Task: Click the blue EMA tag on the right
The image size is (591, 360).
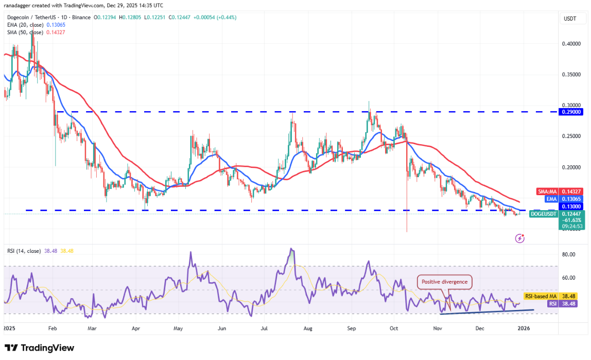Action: tap(546, 198)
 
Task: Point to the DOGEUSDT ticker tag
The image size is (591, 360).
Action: tap(544, 213)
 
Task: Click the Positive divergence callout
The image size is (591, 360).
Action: tap(444, 282)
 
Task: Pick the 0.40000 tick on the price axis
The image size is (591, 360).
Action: tap(571, 44)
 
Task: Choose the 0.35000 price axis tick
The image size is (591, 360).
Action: tap(571, 75)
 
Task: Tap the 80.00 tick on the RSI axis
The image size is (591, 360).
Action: tap(568, 254)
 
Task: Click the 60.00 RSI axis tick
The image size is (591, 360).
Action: tap(568, 278)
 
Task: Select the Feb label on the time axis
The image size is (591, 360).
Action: tap(52, 328)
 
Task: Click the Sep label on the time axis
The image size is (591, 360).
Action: tap(352, 328)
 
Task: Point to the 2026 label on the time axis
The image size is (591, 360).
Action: tap(523, 328)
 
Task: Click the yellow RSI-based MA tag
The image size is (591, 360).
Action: tap(541, 297)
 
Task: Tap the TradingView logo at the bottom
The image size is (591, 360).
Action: tap(39, 348)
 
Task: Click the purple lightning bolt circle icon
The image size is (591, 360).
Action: tap(520, 238)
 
